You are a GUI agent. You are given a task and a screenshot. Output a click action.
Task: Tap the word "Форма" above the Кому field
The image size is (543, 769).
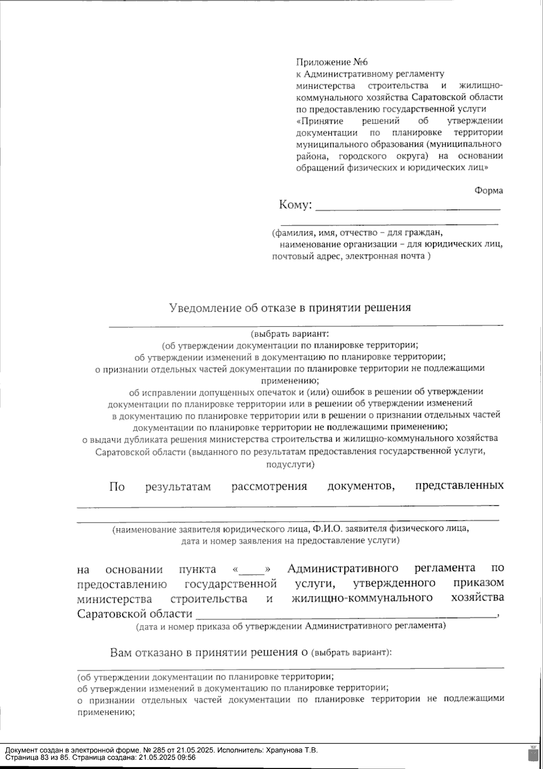(488, 191)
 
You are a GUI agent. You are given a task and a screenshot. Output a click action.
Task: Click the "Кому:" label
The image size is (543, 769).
(295, 205)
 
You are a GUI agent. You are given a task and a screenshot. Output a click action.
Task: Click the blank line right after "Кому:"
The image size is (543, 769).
(407, 208)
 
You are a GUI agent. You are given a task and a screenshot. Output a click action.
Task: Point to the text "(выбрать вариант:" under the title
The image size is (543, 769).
(289, 334)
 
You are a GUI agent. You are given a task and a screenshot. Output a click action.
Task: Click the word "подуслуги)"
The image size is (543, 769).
(290, 464)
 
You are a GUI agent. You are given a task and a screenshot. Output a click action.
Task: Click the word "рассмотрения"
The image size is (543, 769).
(269, 487)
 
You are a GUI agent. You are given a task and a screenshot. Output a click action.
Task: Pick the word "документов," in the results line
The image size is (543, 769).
(360, 486)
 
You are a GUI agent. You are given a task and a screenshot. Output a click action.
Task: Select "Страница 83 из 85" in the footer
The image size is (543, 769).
(36, 757)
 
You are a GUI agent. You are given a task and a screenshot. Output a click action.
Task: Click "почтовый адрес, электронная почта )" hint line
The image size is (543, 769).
(351, 257)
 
